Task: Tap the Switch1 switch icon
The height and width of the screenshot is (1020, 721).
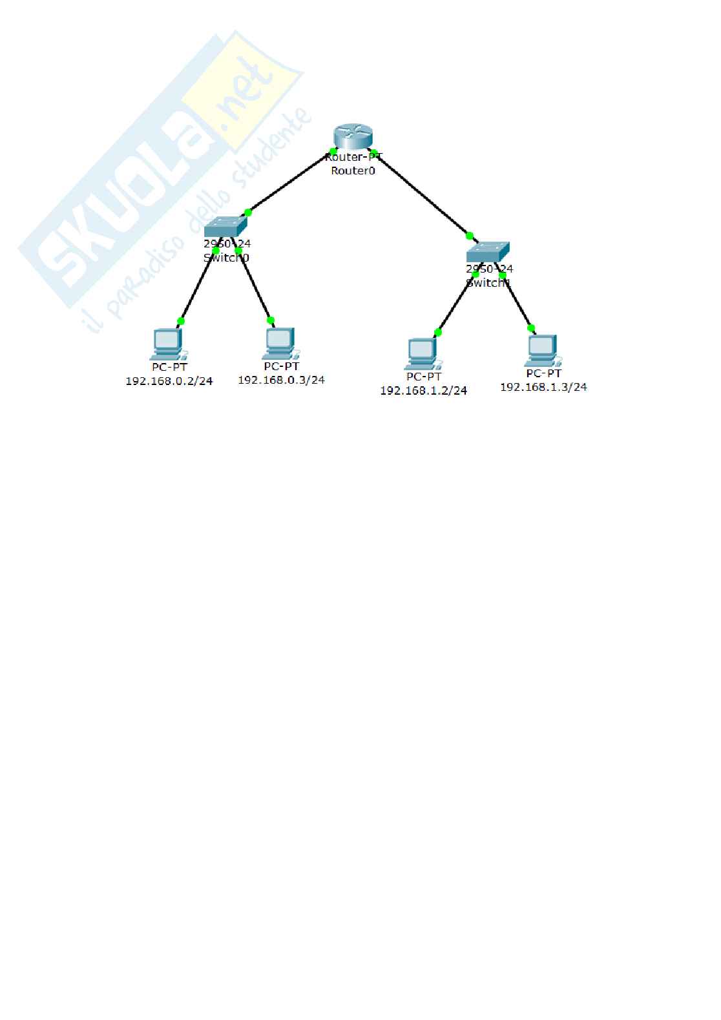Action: [x=488, y=252]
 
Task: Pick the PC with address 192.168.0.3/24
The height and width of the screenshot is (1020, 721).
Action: [x=280, y=344]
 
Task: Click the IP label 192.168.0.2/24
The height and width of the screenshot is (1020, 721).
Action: [x=169, y=381]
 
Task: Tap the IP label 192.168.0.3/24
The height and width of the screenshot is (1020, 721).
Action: [x=281, y=380]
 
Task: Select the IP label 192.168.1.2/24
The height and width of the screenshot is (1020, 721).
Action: [x=423, y=391]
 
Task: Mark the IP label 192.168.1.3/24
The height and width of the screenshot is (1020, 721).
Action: [x=543, y=387]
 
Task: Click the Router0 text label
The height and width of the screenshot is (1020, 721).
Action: [x=353, y=171]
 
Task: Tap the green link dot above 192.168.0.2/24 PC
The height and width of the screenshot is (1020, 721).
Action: [x=181, y=321]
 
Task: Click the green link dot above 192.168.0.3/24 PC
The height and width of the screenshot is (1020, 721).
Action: [x=271, y=320]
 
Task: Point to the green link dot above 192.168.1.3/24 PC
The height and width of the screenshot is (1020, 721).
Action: [x=531, y=328]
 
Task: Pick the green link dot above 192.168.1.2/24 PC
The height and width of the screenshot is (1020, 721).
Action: [x=438, y=333]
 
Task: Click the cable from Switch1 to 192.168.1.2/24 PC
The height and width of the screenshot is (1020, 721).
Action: [x=456, y=304]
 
